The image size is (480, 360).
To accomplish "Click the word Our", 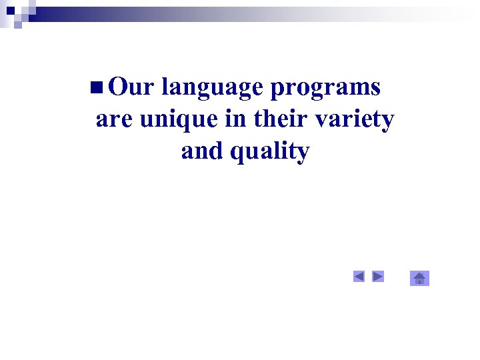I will click(x=131, y=87).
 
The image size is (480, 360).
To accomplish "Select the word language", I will click(x=213, y=88).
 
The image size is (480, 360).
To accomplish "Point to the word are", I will click(x=115, y=120).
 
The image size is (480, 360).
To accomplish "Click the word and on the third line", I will click(x=203, y=151).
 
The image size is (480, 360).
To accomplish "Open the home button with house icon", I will click(x=419, y=278).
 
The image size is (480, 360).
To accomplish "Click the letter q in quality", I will click(x=237, y=154).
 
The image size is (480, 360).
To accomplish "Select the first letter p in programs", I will click(x=278, y=89).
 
